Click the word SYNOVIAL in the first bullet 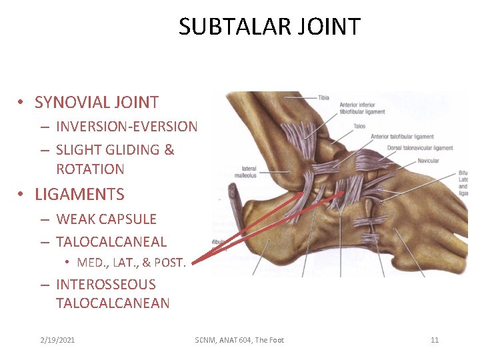click(67, 103)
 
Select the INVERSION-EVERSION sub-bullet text click(127, 127)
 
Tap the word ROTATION click(90, 169)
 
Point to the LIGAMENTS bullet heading click(79, 195)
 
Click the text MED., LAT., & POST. click(131, 263)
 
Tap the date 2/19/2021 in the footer click(57, 340)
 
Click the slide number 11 click(435, 340)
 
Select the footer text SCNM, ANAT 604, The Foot click(239, 340)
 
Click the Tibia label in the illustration click(323, 98)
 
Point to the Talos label click(359, 126)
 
